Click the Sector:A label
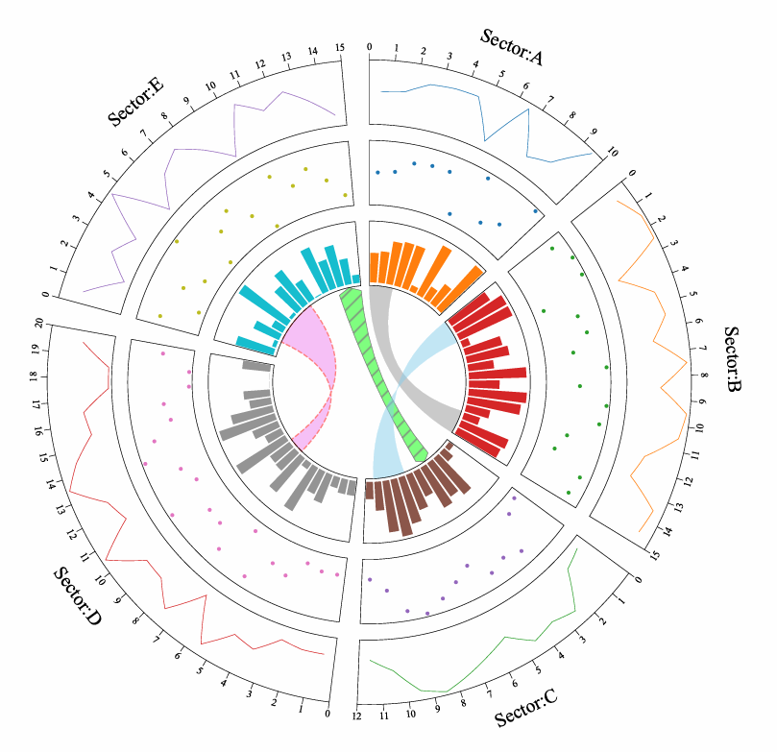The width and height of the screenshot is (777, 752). click(x=512, y=47)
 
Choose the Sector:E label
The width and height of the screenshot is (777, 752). click(x=136, y=103)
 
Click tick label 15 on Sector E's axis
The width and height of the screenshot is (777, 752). click(x=340, y=47)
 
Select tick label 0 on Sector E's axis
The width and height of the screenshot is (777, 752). click(x=45, y=295)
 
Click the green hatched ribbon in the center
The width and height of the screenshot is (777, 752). click(x=384, y=376)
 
